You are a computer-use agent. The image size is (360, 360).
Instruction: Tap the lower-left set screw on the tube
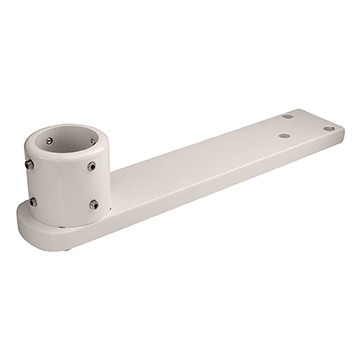(32, 201)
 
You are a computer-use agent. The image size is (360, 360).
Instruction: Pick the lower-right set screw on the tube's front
(94, 204)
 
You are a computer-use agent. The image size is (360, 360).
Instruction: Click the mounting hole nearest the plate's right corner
(328, 128)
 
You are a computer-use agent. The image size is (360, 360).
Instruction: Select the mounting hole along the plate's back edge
(287, 116)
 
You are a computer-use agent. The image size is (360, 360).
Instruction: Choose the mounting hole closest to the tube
(284, 135)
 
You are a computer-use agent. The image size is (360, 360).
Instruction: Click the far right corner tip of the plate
(344, 129)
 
